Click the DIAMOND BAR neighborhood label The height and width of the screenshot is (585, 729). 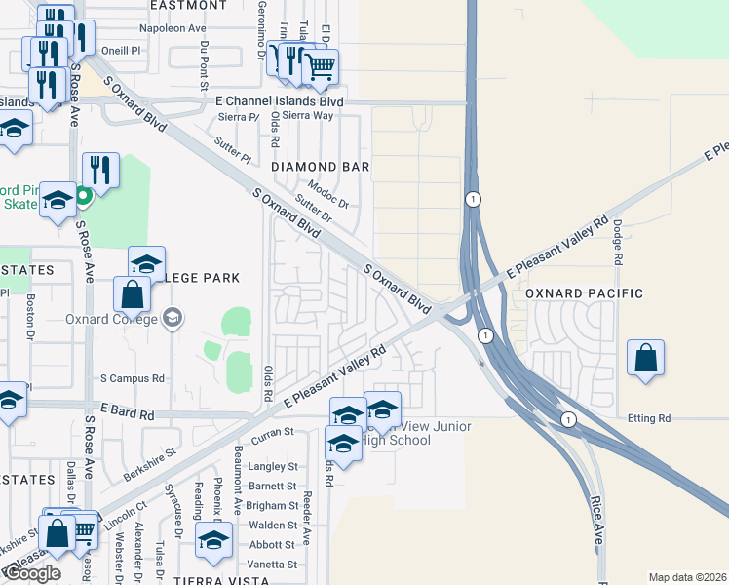[x=320, y=167]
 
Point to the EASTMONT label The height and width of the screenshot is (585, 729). [x=189, y=5]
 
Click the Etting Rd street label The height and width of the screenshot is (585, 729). [x=652, y=418]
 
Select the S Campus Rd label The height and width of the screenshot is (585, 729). [x=133, y=378]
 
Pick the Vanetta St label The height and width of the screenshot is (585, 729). [x=273, y=565]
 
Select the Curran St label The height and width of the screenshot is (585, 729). [x=274, y=431]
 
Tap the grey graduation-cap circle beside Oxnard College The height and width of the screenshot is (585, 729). [x=173, y=317]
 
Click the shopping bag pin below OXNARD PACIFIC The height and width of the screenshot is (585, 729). [x=646, y=358]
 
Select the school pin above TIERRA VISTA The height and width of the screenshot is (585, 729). [x=213, y=540]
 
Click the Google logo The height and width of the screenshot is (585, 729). [x=32, y=574]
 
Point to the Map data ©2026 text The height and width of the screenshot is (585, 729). [x=687, y=577]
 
